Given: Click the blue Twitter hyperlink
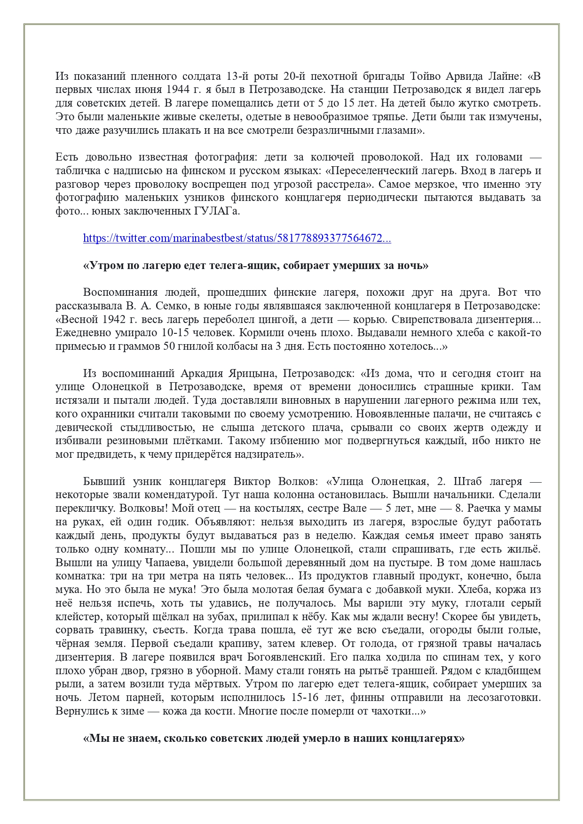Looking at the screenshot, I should (x=237, y=238).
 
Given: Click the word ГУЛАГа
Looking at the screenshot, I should (x=216, y=211).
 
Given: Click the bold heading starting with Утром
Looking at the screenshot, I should (x=255, y=265).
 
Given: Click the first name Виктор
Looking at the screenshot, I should (x=252, y=481).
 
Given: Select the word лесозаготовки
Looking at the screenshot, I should (x=504, y=697).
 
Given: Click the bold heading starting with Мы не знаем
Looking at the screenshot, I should (x=274, y=738).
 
